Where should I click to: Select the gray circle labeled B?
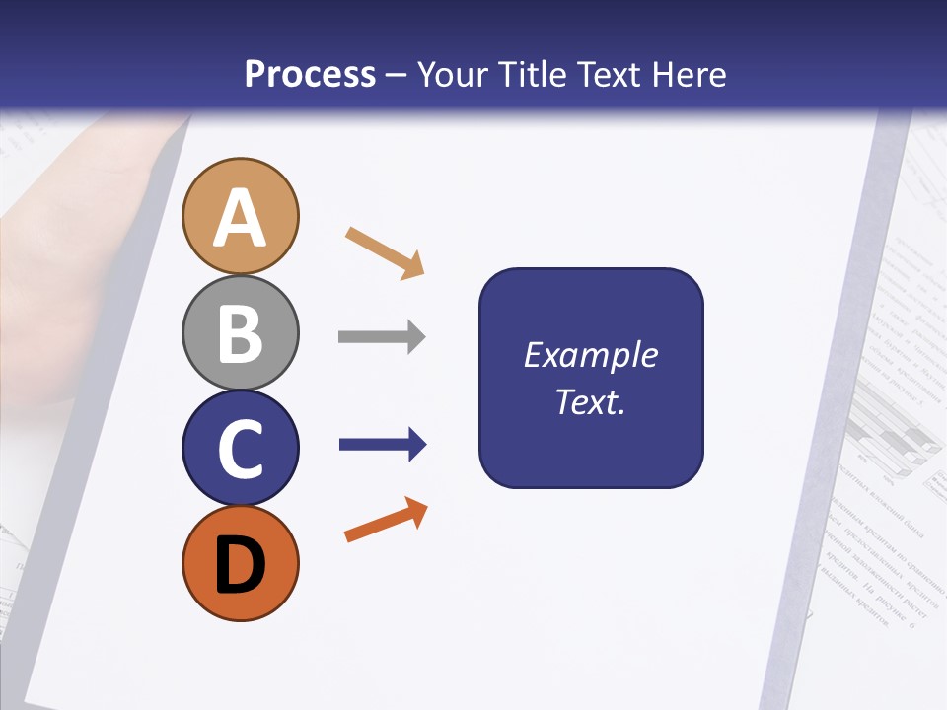(240, 333)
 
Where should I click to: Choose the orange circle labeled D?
(240, 563)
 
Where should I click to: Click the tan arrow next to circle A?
(385, 252)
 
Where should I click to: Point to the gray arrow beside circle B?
(382, 337)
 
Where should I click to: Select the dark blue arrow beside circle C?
(383, 445)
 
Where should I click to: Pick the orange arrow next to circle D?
(386, 520)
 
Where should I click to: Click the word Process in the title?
(310, 74)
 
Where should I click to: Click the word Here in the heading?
(687, 74)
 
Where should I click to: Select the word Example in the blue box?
(590, 355)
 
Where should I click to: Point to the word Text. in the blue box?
(590, 401)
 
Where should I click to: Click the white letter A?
(240, 219)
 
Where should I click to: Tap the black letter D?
(240, 565)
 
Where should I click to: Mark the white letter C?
(240, 450)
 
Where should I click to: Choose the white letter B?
(240, 333)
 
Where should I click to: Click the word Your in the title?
(455, 74)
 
